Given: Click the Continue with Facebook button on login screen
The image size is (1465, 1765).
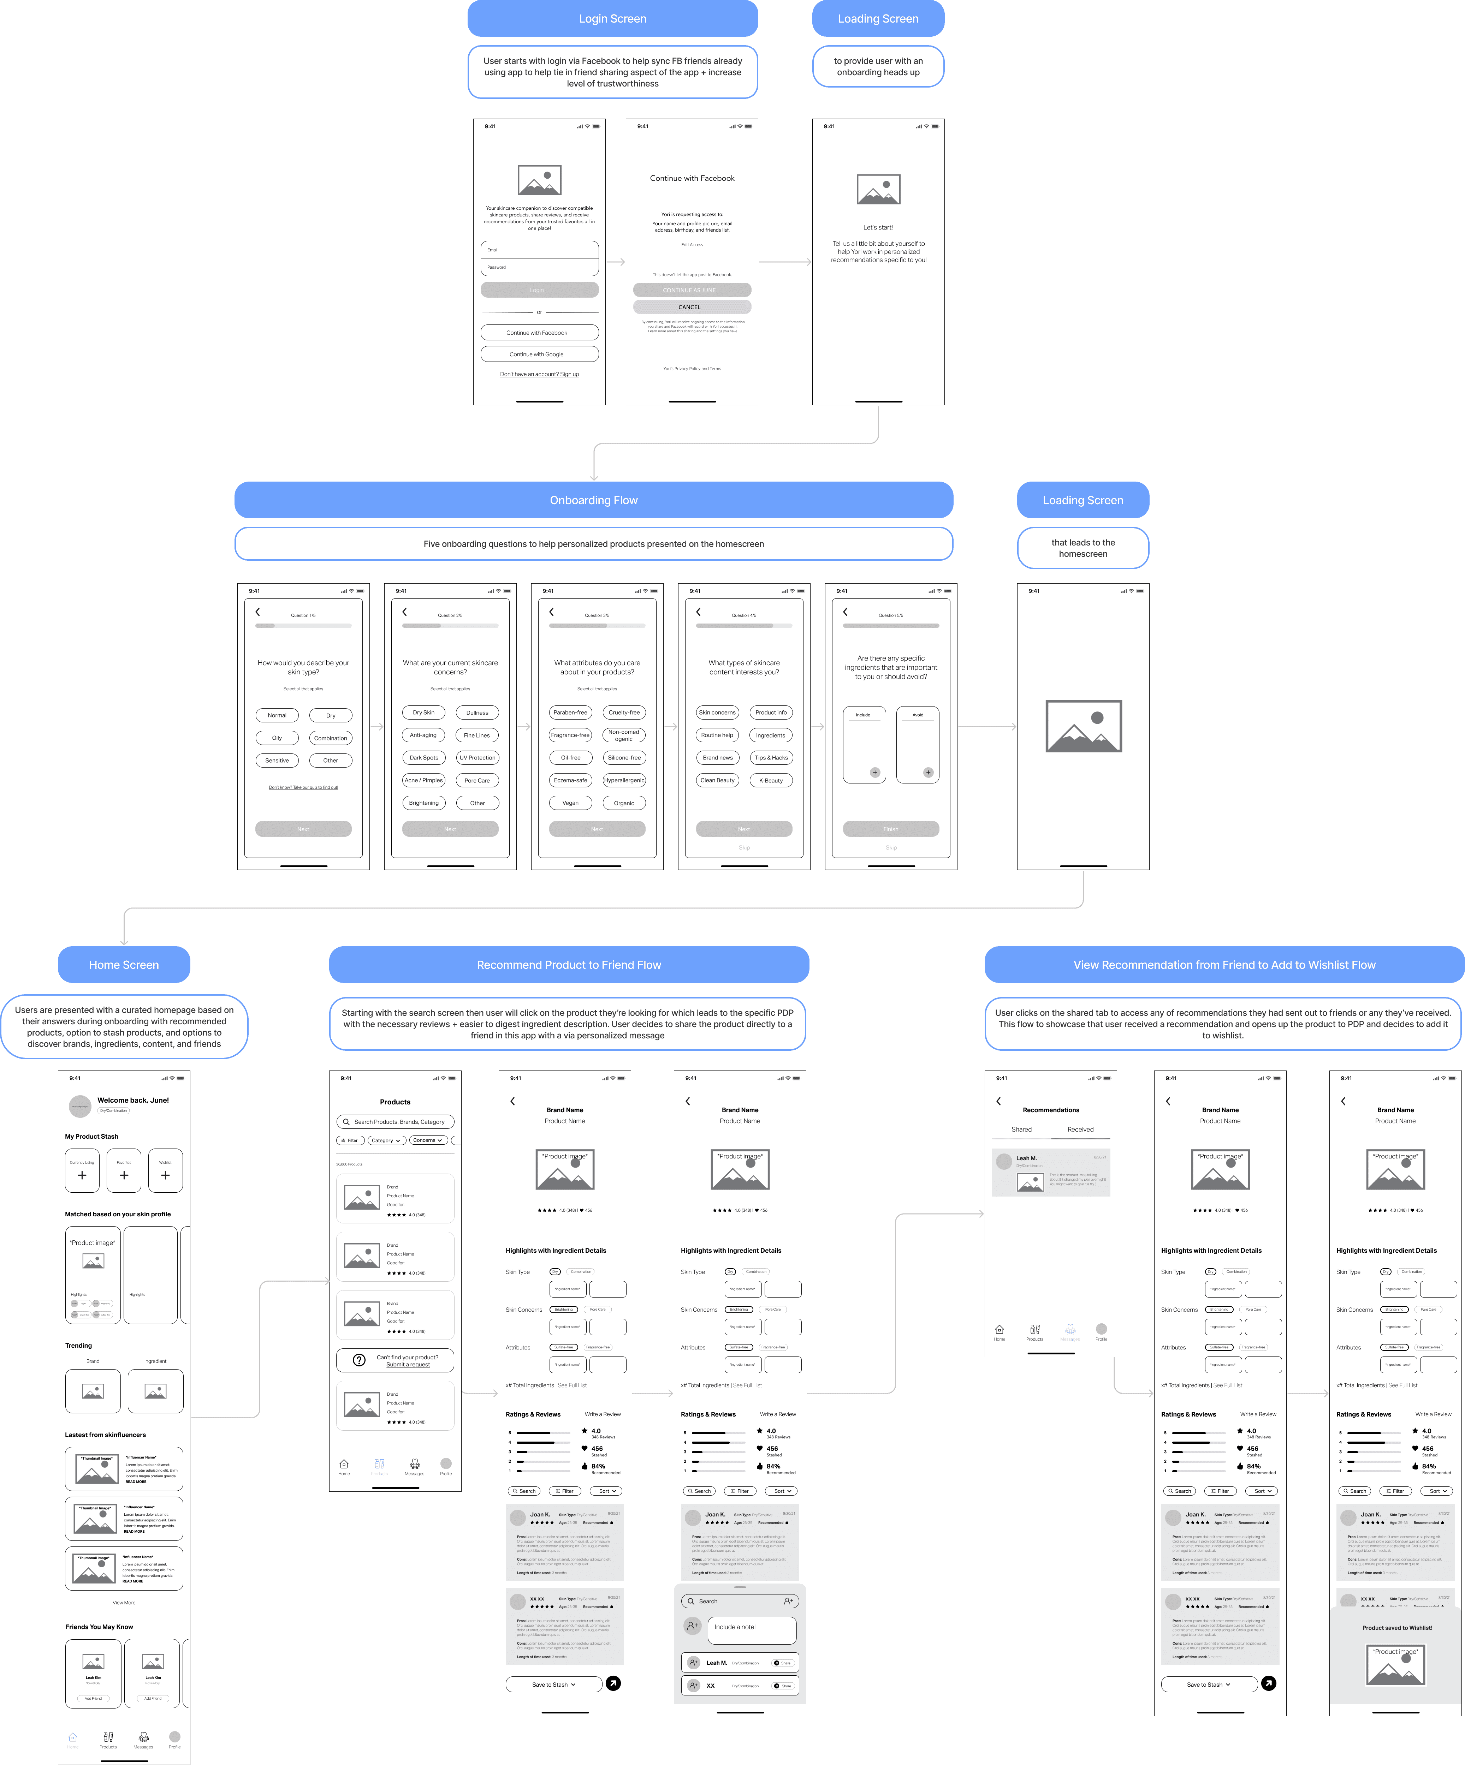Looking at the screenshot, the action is pyautogui.click(x=539, y=333).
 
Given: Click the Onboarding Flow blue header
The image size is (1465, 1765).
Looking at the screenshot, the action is pyautogui.click(x=593, y=500).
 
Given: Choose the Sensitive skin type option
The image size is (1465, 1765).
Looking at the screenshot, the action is pyautogui.click(x=277, y=761).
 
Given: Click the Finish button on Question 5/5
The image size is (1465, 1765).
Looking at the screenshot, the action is pyautogui.click(x=891, y=829).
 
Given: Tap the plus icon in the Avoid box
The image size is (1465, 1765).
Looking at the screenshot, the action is pyautogui.click(x=928, y=773).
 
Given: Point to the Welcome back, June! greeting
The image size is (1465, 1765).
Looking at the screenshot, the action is pyautogui.click(x=133, y=1100).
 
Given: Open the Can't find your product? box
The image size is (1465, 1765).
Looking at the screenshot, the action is pyautogui.click(x=395, y=1360).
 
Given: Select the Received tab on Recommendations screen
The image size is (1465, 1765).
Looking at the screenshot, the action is pyautogui.click(x=1080, y=1129).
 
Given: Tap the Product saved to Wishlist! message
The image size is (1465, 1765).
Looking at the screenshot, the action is pyautogui.click(x=1397, y=1628).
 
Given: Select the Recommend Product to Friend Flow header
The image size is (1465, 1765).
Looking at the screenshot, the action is pyautogui.click(x=569, y=965).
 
